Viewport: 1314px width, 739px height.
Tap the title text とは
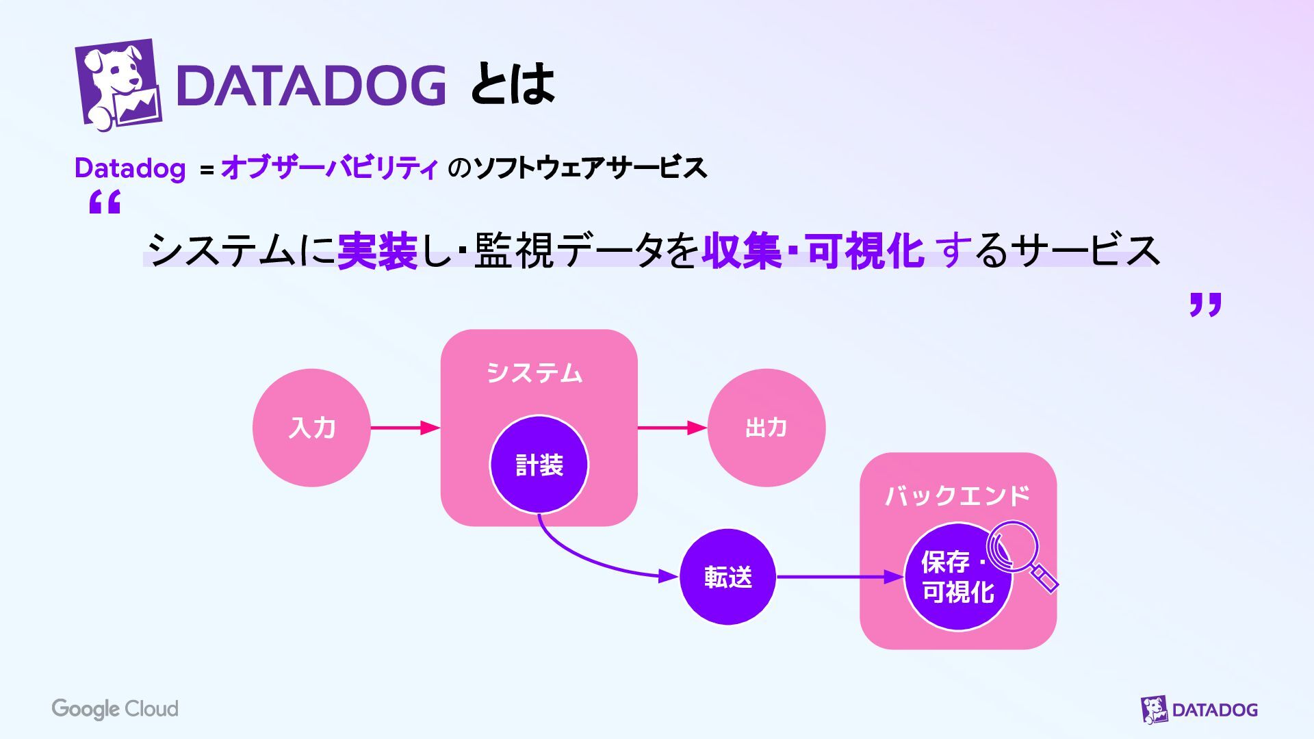pos(512,85)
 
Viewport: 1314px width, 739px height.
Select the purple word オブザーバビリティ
pos(329,168)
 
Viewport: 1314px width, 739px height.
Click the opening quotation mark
pos(105,203)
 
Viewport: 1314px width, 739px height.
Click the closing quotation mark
pos(1205,304)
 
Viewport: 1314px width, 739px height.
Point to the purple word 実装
pos(377,250)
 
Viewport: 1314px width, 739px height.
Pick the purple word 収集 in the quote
pos(742,250)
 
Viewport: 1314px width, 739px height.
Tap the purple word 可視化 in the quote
pos(866,250)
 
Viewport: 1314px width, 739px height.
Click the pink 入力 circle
pos(311,428)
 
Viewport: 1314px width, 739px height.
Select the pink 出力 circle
pos(766,428)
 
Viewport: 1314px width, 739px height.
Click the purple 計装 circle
pos(539,465)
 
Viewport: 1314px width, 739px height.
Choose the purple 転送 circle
pos(727,577)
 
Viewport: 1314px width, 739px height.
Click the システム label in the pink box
pos(534,373)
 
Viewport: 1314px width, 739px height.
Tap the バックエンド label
pos(957,495)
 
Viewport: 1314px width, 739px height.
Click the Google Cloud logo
pos(115,709)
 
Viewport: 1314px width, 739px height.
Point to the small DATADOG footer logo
pos(1199,710)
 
